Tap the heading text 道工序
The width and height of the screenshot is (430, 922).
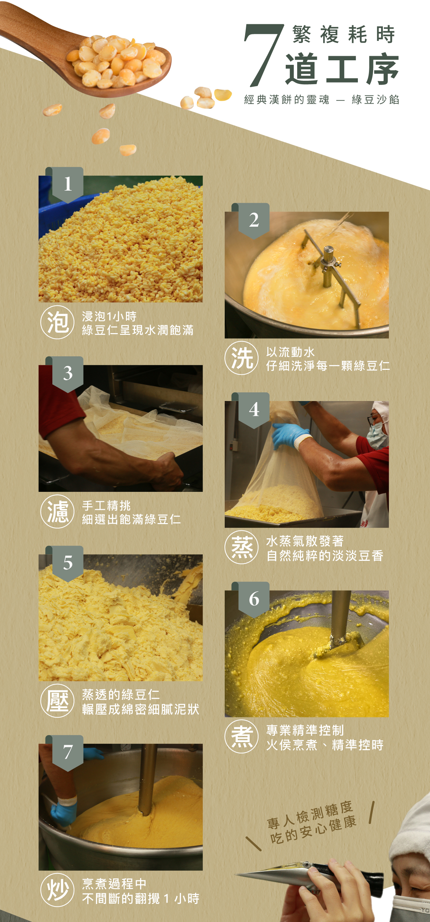342,69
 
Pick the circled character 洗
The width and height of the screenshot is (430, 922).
242,358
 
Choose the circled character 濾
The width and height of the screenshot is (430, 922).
57,512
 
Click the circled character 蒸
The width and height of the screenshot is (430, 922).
242,547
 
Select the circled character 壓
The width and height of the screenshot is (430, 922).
57,701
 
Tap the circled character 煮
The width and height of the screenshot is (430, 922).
242,737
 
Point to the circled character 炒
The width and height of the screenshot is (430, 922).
57,890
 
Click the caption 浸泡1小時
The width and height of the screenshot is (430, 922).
109,316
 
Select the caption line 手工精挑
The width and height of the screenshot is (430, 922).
106,505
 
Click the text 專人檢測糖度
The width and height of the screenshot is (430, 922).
310,814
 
